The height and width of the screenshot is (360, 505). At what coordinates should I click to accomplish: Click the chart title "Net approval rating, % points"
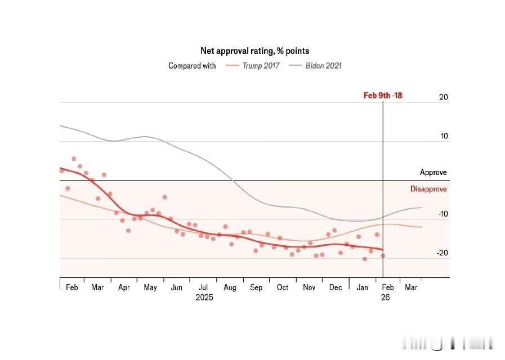tap(254, 51)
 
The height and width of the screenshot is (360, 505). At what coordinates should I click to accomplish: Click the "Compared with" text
tap(192, 66)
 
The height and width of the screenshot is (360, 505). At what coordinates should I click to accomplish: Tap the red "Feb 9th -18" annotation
tap(383, 96)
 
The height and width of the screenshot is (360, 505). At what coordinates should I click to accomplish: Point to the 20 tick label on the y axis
tap(444, 97)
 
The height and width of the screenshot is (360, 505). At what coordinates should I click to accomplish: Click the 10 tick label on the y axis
tap(444, 136)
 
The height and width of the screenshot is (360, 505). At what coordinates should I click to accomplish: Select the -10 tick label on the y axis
tap(443, 214)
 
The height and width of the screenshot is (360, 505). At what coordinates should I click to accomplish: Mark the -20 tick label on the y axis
tap(443, 253)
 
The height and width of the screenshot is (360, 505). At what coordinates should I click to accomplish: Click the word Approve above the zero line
tap(433, 173)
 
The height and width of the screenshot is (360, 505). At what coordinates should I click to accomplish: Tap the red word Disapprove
tap(428, 189)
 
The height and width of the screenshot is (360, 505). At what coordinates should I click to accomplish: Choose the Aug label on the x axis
tap(230, 288)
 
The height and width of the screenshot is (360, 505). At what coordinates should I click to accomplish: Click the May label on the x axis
tap(150, 288)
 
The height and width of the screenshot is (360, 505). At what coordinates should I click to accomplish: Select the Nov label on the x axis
tap(309, 288)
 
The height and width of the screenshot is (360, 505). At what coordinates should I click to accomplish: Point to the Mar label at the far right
tap(411, 288)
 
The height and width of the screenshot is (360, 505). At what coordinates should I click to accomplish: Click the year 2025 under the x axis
tap(204, 298)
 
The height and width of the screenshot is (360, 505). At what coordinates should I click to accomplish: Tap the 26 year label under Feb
tap(385, 298)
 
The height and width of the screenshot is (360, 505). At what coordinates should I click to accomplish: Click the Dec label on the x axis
tap(336, 288)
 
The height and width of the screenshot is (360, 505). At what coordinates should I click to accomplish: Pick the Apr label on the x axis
tap(124, 288)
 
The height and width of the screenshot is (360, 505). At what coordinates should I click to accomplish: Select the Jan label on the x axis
tap(362, 288)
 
